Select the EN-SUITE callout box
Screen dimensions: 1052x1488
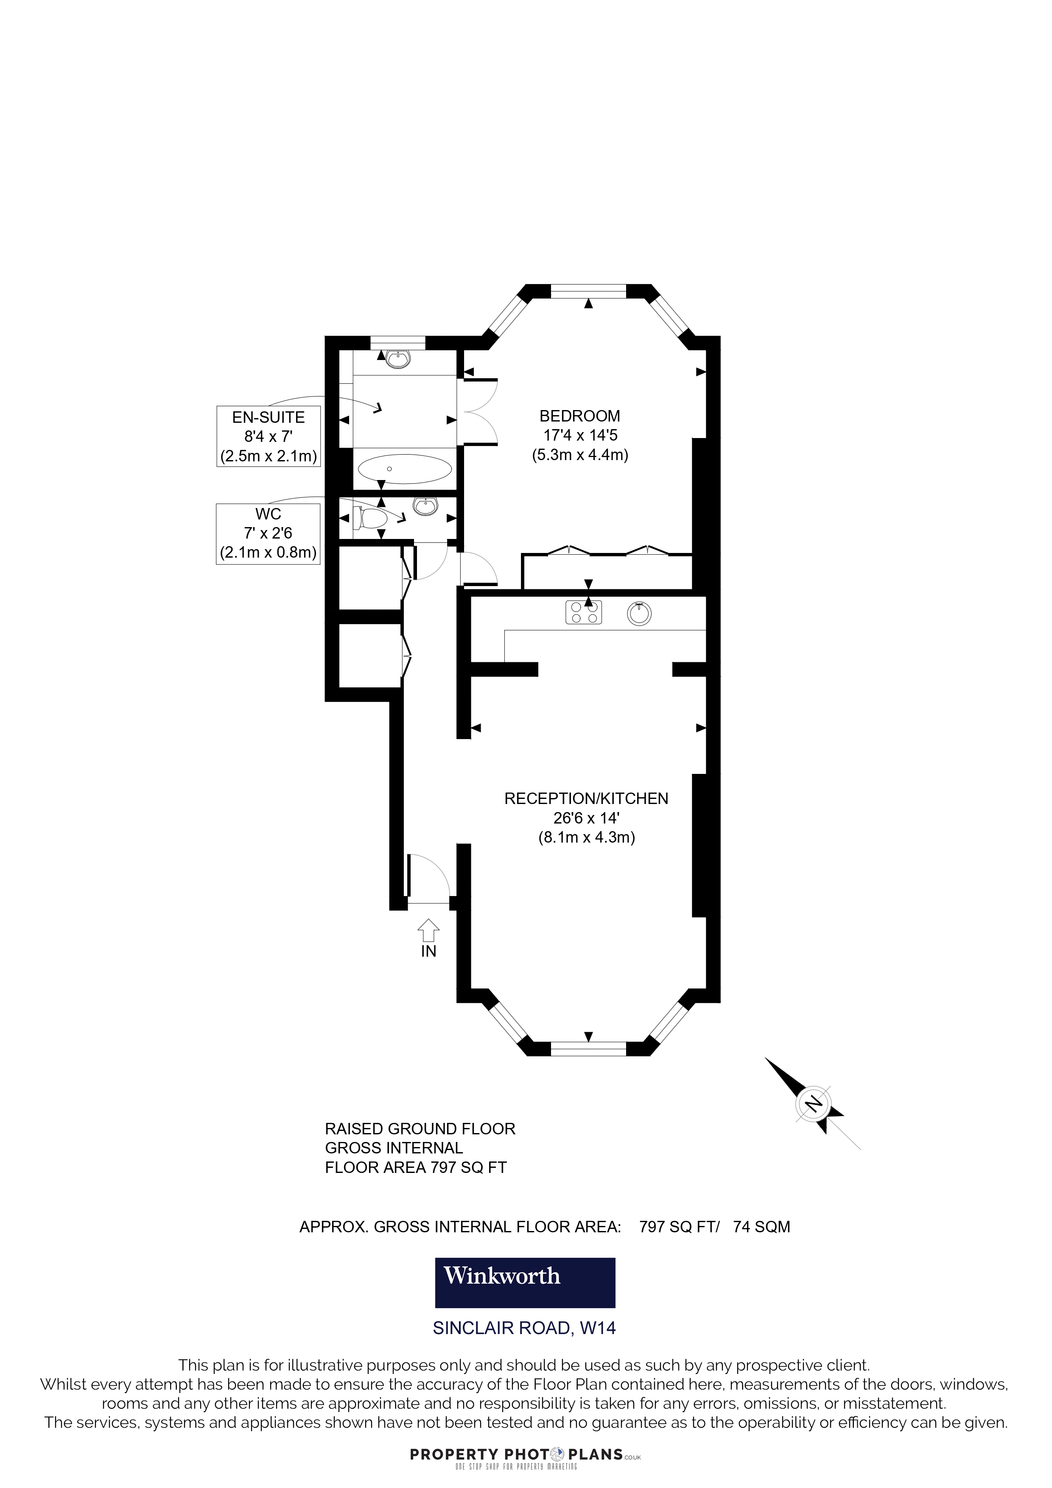[269, 436]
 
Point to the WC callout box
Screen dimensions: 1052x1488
[269, 533]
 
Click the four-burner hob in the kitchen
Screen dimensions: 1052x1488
[583, 612]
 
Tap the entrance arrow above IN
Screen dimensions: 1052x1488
[428, 930]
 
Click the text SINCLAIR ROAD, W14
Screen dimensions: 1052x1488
[524, 1328]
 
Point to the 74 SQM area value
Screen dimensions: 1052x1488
[761, 1227]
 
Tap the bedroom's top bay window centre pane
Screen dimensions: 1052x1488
[588, 292]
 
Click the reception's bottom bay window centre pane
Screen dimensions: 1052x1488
[588, 1049]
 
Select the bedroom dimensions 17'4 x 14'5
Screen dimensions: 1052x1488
[580, 436]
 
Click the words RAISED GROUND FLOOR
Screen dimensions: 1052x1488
[420, 1129]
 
